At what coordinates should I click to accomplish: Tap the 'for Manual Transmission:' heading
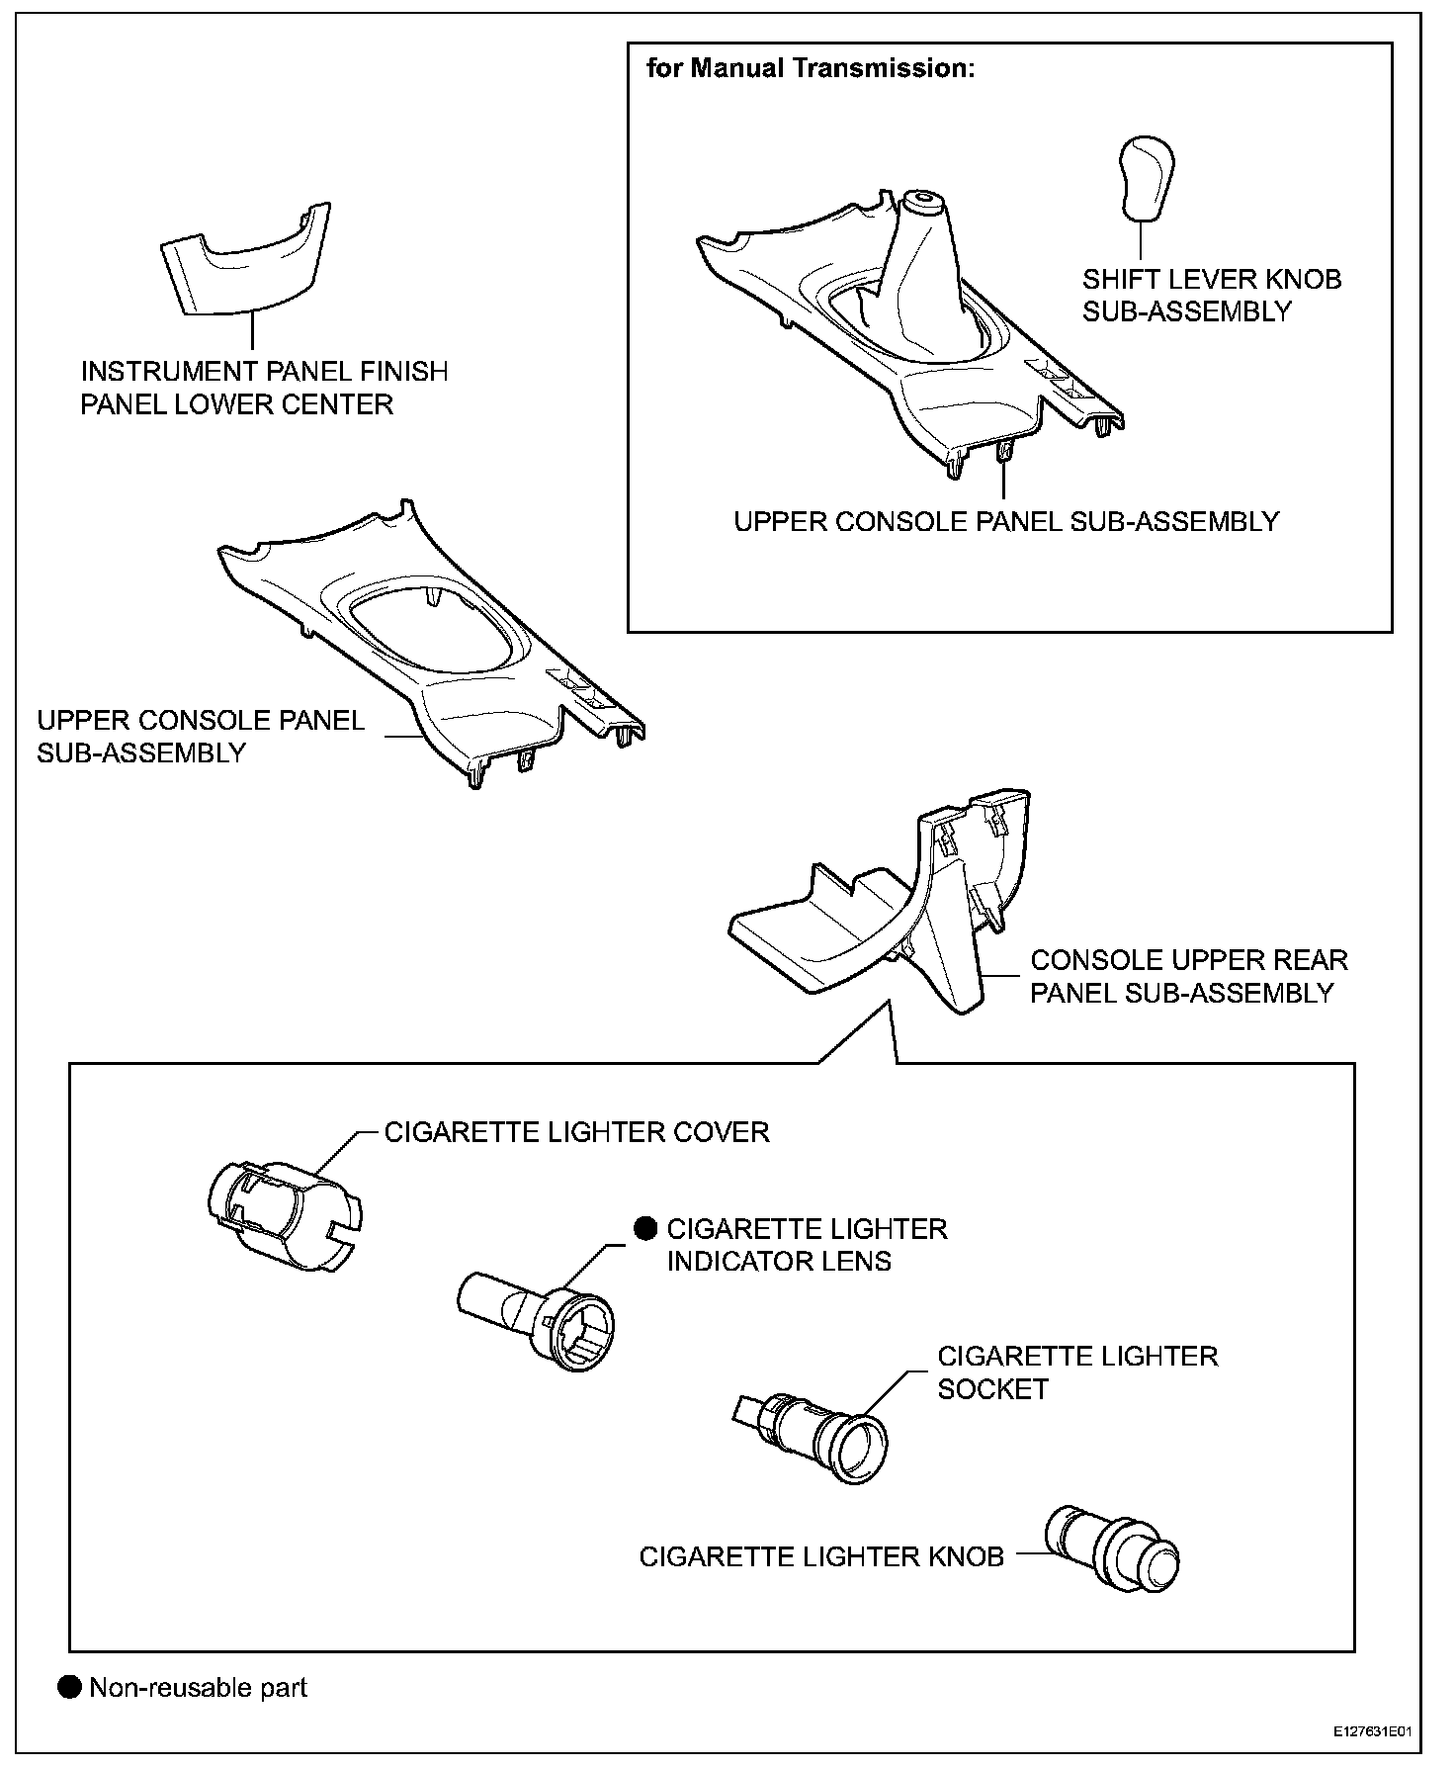(x=810, y=68)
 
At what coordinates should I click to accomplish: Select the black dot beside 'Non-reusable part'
(x=69, y=1687)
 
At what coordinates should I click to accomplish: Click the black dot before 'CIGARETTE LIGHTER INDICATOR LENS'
(x=645, y=1228)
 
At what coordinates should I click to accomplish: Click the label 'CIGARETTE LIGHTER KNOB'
(x=820, y=1556)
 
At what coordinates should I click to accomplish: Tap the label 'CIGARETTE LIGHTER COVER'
(x=576, y=1132)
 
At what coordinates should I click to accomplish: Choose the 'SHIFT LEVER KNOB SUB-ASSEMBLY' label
(x=1211, y=295)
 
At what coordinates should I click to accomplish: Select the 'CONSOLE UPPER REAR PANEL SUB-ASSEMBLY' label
(x=1188, y=976)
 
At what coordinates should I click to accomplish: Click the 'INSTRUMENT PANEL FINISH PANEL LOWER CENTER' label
(x=264, y=388)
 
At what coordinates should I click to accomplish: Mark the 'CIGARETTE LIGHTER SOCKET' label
(x=1076, y=1371)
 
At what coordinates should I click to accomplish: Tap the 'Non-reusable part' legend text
(x=199, y=1687)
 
